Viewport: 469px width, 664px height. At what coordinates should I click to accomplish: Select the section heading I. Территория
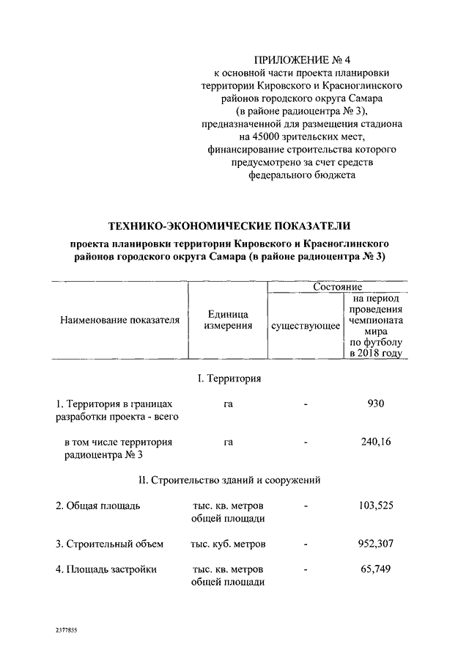click(x=229, y=379)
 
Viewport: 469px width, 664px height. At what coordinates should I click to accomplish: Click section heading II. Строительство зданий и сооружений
click(x=229, y=481)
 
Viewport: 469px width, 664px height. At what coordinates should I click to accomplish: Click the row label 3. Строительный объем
click(x=109, y=544)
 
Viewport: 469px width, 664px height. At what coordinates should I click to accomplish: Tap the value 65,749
click(x=375, y=569)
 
